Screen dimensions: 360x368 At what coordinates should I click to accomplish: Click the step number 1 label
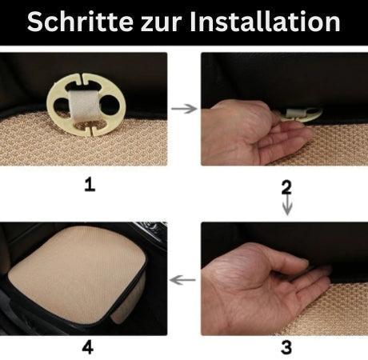click(x=90, y=185)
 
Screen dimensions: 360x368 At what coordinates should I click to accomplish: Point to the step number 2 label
click(x=286, y=186)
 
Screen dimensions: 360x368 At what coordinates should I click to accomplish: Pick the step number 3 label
click(x=286, y=346)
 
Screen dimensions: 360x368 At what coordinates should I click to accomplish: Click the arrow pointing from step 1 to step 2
click(x=184, y=108)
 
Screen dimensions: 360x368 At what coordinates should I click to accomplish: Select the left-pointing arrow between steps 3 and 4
click(x=185, y=280)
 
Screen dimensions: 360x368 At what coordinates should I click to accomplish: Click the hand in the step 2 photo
click(x=248, y=132)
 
